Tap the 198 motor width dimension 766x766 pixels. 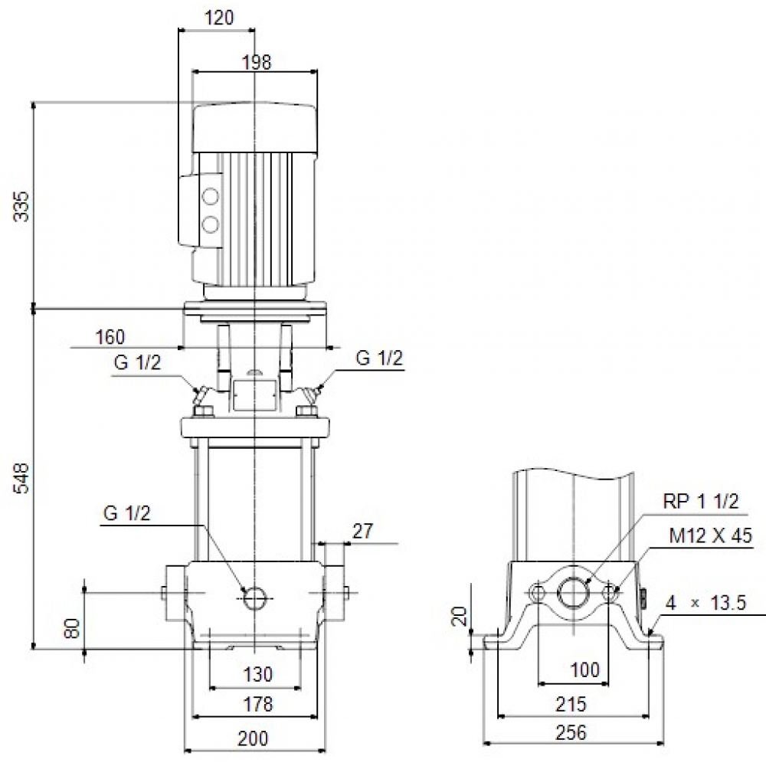257,63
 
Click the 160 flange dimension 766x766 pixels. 110,337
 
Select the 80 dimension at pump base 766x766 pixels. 73,629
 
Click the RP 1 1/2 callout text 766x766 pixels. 701,502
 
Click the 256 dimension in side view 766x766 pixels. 571,733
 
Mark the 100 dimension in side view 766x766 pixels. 585,672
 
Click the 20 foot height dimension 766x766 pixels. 458,617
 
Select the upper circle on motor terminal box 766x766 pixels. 210,196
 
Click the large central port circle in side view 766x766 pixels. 572,592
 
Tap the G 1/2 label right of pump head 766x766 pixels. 378,359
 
